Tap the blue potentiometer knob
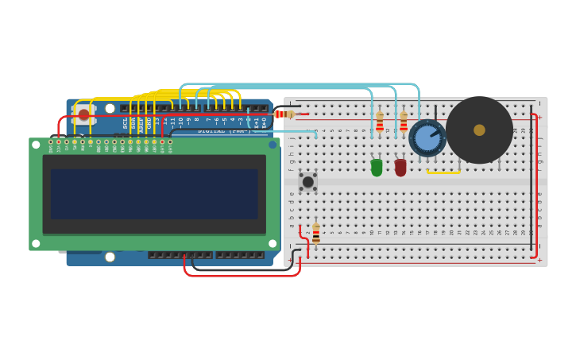(x=427, y=138)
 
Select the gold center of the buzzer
(x=479, y=130)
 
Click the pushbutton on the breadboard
(x=307, y=182)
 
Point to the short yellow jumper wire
(x=443, y=172)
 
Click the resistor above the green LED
(x=380, y=122)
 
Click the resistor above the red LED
(x=404, y=122)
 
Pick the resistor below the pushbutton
(x=316, y=232)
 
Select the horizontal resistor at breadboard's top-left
(x=284, y=114)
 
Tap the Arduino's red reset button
(x=84, y=114)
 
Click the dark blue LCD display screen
(x=154, y=194)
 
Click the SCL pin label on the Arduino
(x=125, y=123)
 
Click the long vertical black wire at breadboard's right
(x=532, y=183)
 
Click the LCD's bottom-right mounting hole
(x=273, y=243)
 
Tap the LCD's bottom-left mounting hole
(x=36, y=243)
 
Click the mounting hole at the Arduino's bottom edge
(x=110, y=257)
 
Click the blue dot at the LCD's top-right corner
(x=273, y=145)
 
